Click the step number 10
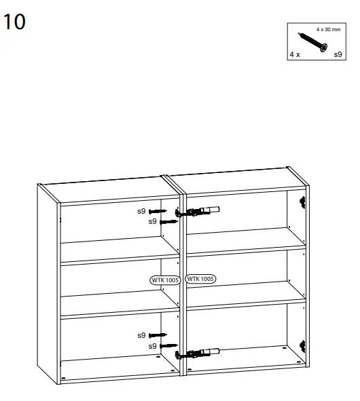tap(14, 22)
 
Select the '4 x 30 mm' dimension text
tap(329, 31)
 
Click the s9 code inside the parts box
tap(338, 54)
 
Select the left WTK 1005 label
tap(165, 279)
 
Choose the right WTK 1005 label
tap(200, 279)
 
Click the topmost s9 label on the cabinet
tap(142, 211)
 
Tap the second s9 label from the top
tap(154, 221)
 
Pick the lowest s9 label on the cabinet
tap(154, 346)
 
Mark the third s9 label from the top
tap(142, 335)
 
